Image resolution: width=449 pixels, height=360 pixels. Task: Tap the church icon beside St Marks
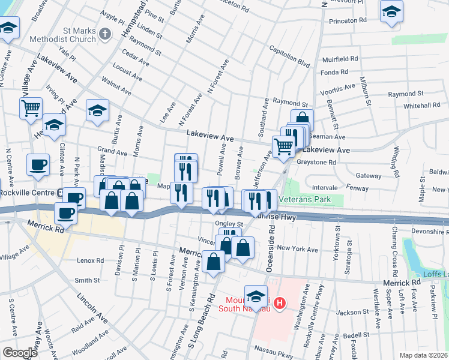pyautogui.click(x=105, y=34)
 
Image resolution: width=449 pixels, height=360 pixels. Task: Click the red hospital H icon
pyautogui.click(x=279, y=304)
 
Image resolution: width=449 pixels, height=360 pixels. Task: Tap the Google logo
pyautogui.click(x=20, y=353)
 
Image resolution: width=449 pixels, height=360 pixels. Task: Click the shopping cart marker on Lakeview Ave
pyautogui.click(x=283, y=146)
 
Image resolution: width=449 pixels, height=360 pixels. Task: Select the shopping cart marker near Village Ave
pyautogui.click(x=31, y=109)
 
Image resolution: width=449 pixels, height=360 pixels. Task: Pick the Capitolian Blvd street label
pyautogui.click(x=289, y=56)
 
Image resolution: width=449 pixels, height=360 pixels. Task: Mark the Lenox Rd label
pyautogui.click(x=91, y=261)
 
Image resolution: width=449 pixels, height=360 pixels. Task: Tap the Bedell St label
pyautogui.click(x=357, y=335)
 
